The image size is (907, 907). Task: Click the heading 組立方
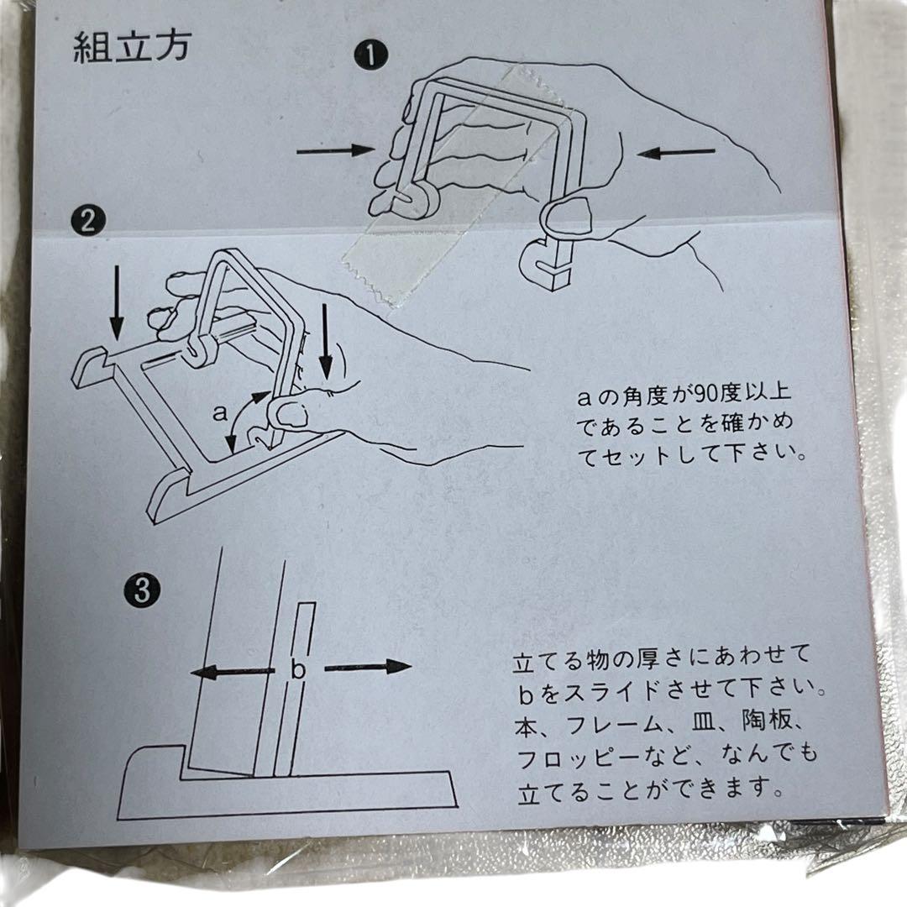(131, 48)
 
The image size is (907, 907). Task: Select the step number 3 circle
(142, 590)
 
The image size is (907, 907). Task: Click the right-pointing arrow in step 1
(335, 150)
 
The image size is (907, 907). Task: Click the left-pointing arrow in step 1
(675, 152)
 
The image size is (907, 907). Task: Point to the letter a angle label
(220, 412)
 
